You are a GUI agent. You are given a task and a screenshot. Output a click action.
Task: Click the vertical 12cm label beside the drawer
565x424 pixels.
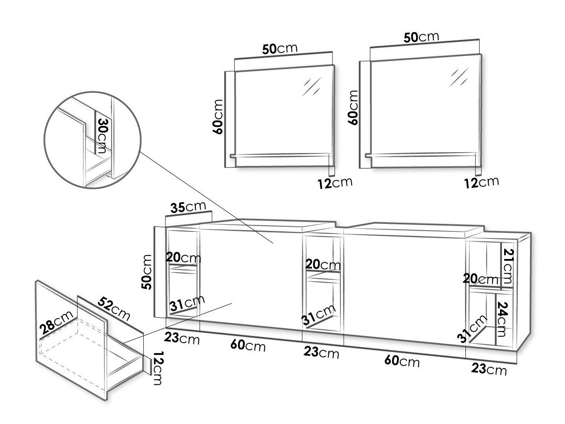[157, 368]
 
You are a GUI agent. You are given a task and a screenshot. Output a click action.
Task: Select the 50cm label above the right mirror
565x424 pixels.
[421, 37]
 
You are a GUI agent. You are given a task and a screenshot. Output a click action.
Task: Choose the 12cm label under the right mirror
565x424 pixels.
[482, 182]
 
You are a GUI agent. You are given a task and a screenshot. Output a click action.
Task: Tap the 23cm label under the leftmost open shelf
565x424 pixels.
[182, 338]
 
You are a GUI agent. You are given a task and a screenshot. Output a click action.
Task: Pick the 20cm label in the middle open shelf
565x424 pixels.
[323, 264]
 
